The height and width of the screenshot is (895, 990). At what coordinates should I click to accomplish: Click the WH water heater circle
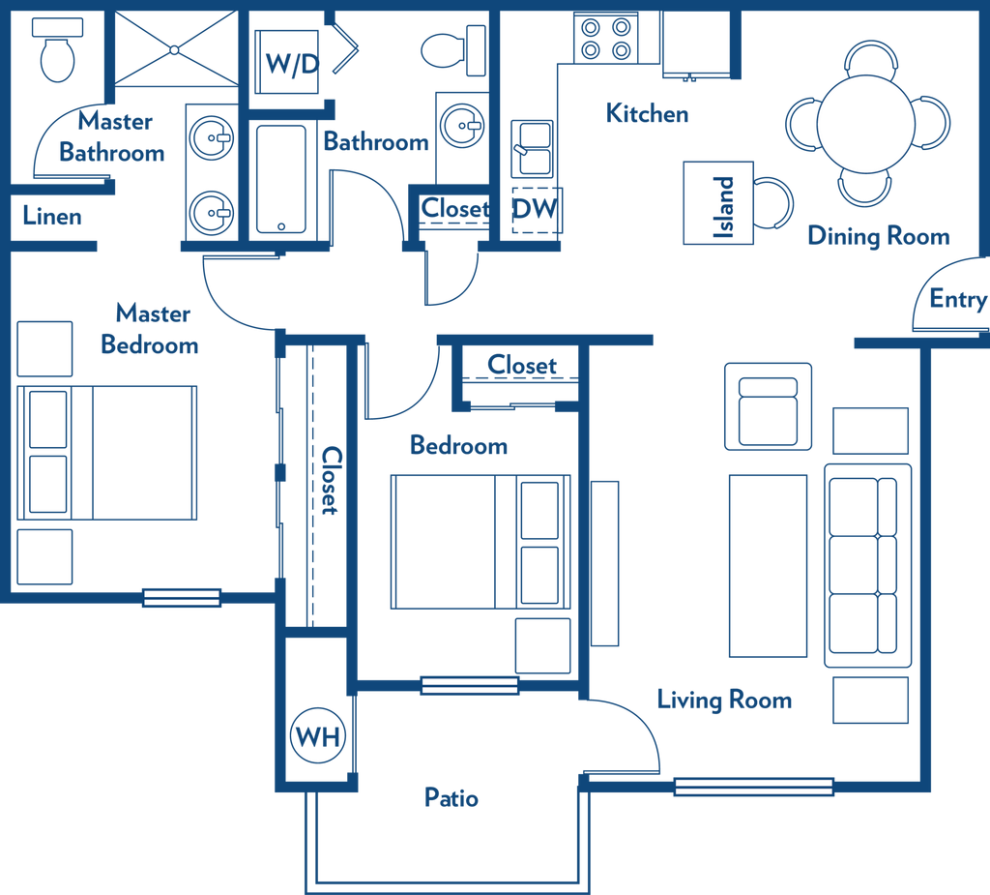(x=317, y=735)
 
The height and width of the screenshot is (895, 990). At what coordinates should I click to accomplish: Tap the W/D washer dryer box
(x=286, y=62)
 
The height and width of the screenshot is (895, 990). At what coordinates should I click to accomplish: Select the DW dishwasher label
(x=535, y=209)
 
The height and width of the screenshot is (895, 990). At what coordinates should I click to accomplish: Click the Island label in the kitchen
(x=723, y=207)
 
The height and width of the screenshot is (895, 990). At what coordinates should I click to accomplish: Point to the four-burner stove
(x=605, y=39)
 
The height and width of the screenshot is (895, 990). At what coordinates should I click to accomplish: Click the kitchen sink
(x=533, y=150)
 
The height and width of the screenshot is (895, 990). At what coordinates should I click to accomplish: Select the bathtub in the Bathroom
(x=281, y=179)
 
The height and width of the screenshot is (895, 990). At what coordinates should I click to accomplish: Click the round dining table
(x=866, y=124)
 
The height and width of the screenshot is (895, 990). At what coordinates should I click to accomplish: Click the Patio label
(x=451, y=797)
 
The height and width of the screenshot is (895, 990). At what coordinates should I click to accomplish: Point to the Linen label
(x=52, y=216)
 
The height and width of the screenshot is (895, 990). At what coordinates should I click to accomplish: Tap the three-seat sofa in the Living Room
(x=867, y=566)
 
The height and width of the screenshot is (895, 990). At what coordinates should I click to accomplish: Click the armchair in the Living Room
(x=768, y=406)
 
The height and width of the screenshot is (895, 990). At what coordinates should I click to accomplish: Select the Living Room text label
(x=725, y=701)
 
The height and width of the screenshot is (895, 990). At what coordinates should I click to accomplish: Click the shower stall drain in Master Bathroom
(x=175, y=49)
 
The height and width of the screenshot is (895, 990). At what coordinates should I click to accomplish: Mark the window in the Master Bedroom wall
(x=182, y=597)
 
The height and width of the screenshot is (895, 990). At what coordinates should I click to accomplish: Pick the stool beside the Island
(x=772, y=203)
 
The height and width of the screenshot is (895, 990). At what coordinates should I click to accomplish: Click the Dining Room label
(x=879, y=236)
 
